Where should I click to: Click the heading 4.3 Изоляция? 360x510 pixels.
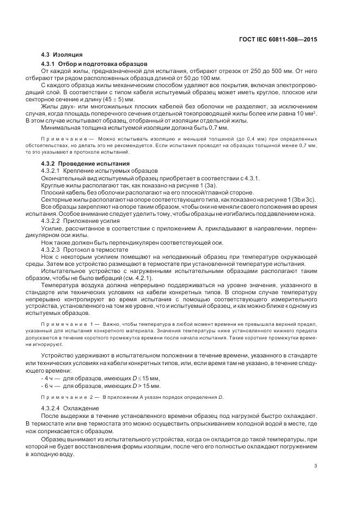click(62, 55)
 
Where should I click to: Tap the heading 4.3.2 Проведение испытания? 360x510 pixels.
click(86, 164)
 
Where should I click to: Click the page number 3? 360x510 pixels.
click(316, 465)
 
